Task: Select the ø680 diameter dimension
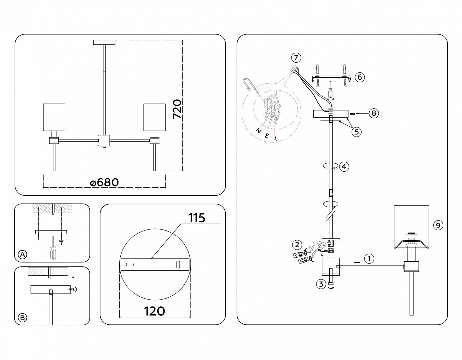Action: tap(104, 183)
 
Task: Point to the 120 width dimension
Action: tap(155, 311)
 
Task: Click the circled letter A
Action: tap(22, 255)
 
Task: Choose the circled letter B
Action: tap(22, 317)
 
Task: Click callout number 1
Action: tap(368, 259)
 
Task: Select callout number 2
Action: tap(297, 245)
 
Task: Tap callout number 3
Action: tap(322, 284)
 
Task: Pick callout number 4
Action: tap(344, 167)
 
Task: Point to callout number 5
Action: tap(357, 132)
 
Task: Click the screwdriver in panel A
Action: tap(52, 249)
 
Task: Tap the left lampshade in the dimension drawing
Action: tap(54, 119)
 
